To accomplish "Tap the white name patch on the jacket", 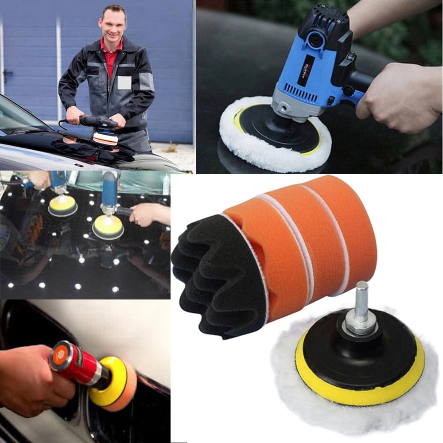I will (124, 82).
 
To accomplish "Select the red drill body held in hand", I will (75, 361).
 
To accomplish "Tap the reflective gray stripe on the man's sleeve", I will (146, 82).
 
